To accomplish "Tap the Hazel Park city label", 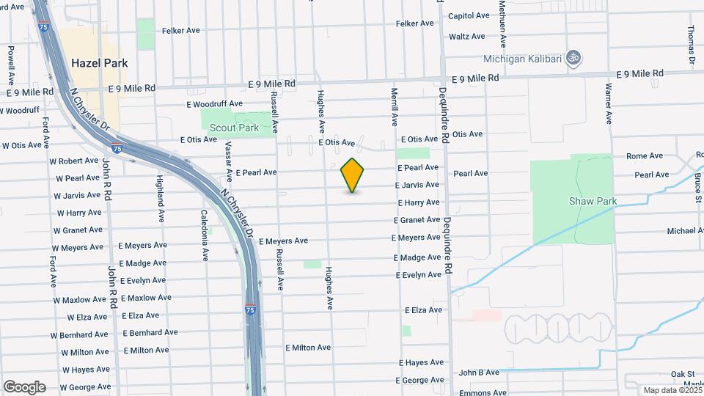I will pos(100,63).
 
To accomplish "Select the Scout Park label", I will pos(234,128).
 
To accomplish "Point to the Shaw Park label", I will pos(593,201).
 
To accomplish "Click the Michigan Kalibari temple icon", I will pos(574,58).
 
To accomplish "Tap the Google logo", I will pos(24,387).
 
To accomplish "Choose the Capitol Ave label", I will pos(469,15).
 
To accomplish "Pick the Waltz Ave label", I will pos(467,36).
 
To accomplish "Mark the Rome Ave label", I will pos(644,155).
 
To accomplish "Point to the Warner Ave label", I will pos(609,103).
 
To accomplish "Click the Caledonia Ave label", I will pos(205,235).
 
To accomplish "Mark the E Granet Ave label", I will pos(417,220).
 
